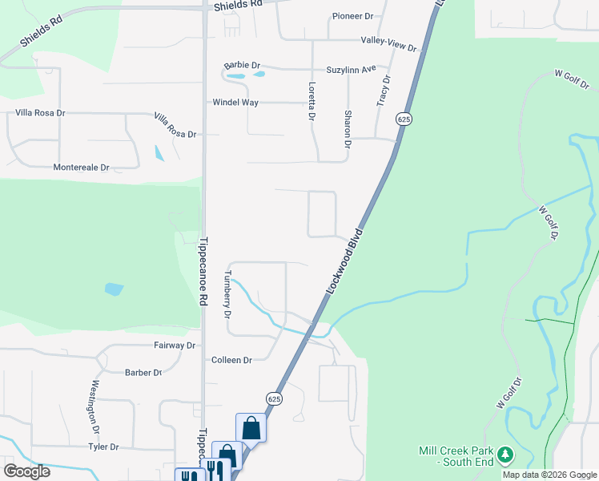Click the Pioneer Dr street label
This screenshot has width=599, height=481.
[x=353, y=16]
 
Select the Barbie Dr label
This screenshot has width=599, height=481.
[x=243, y=65]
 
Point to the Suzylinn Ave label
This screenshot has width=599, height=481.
[x=351, y=70]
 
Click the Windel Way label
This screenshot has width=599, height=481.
[x=235, y=103]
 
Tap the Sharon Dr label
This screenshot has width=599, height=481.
[x=348, y=129]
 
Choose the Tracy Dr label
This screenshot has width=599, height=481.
[x=384, y=91]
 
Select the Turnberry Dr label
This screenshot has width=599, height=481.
[x=227, y=295]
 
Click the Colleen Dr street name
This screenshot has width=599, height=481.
[x=231, y=361]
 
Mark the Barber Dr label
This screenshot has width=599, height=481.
[x=143, y=373]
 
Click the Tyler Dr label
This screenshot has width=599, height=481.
[x=103, y=447]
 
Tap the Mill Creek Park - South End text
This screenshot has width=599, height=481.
[x=456, y=456]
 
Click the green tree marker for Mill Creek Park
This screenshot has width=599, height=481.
[x=505, y=455]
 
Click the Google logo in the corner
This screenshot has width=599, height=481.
[x=26, y=471]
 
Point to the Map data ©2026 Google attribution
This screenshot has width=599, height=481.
[x=549, y=475]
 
